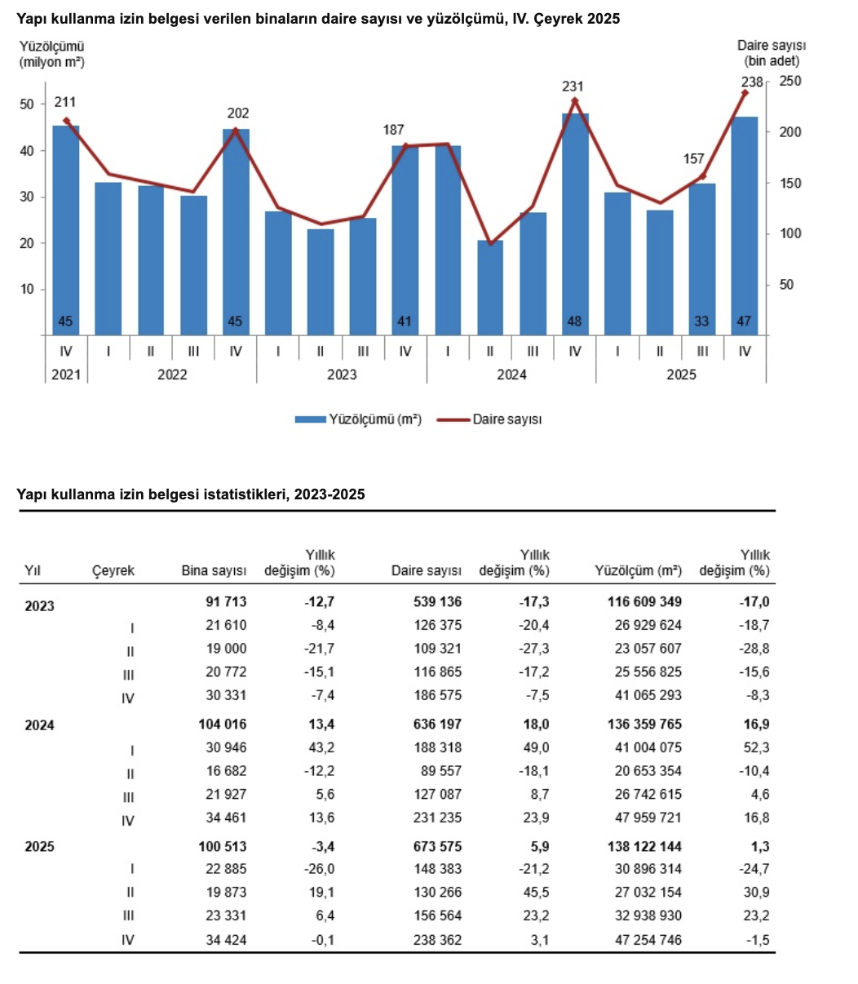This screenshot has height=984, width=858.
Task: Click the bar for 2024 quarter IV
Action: pyautogui.click(x=575, y=224)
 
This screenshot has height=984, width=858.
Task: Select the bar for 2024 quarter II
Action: pyautogui.click(x=490, y=287)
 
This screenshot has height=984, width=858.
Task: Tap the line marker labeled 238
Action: pyautogui.click(x=744, y=93)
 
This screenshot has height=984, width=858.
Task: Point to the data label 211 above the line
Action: pyautogui.click(x=65, y=103)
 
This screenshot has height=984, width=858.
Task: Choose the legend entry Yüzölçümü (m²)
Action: pyautogui.click(x=359, y=419)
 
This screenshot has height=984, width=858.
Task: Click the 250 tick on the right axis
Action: pyautogui.click(x=790, y=82)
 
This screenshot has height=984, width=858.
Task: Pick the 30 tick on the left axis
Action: pyautogui.click(x=27, y=197)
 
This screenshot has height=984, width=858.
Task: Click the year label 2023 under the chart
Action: pyautogui.click(x=341, y=375)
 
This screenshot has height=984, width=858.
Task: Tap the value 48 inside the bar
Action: pyautogui.click(x=575, y=321)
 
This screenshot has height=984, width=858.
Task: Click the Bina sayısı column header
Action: pyautogui.click(x=214, y=571)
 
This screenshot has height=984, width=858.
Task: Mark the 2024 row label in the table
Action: pyautogui.click(x=40, y=725)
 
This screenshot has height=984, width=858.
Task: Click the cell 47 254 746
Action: pyautogui.click(x=648, y=940)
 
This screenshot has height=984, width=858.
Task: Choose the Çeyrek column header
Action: pyautogui.click(x=113, y=571)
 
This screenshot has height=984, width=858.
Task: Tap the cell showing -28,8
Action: pyautogui.click(x=753, y=649)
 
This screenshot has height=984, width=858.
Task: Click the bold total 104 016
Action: pyautogui.click(x=222, y=725)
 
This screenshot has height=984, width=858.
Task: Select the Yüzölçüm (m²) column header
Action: pyautogui.click(x=639, y=571)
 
